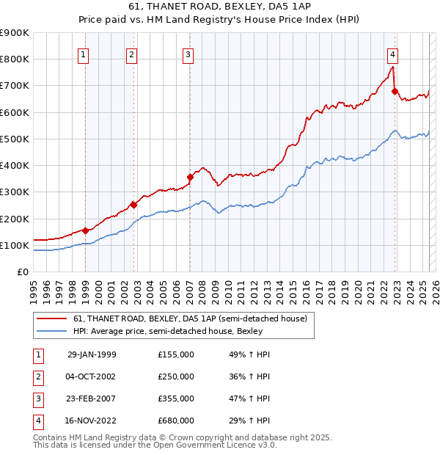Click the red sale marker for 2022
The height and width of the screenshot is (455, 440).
pos(395,92)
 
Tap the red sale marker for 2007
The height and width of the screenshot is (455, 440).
pos(190,177)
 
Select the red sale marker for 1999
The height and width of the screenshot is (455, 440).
pos(85,230)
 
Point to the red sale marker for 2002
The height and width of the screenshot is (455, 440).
pos(133,205)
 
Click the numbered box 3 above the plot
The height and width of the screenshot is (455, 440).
pos(188,54)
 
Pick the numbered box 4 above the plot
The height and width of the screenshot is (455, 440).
pos(393,54)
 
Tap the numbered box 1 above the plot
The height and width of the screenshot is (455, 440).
pos(84,54)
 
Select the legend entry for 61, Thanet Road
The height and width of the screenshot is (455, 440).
pos(194,318)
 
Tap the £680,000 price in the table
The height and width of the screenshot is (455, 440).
pos(176,421)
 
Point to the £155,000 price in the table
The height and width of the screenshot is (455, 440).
pos(176,354)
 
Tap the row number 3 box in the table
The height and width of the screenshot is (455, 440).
pos(37,398)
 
